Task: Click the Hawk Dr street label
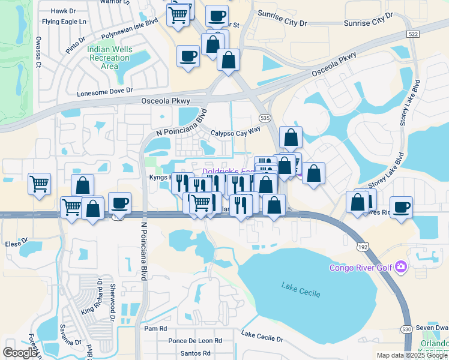[64, 11]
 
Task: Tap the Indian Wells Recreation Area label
[109, 58]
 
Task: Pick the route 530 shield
[406, 329]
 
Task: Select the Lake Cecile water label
[300, 290]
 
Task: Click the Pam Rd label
[155, 329]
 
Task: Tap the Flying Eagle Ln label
[64, 22]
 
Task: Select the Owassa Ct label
[38, 52]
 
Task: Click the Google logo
[20, 353]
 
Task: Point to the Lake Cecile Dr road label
[262, 335]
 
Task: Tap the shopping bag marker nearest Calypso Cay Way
[291, 138]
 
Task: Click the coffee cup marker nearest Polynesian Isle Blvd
[188, 56]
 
